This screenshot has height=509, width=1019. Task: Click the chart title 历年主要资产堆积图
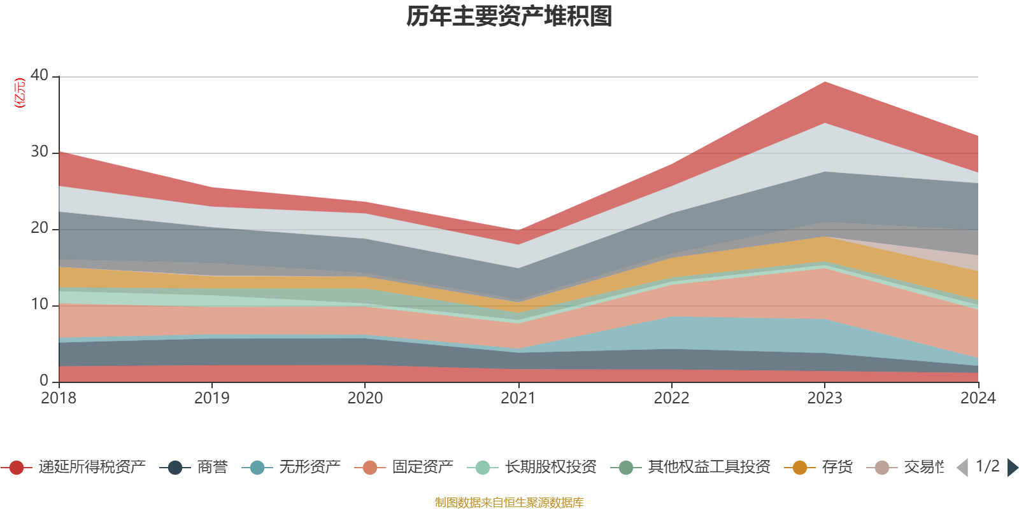[x=509, y=17]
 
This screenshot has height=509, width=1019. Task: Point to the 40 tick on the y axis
[x=39, y=75]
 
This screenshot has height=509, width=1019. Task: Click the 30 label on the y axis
[x=39, y=151]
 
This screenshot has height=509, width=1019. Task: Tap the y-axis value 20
[x=39, y=228]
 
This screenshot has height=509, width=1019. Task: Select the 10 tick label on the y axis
[x=39, y=304]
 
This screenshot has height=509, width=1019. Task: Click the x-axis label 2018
[x=59, y=398]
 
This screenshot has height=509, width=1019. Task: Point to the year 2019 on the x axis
[x=211, y=398]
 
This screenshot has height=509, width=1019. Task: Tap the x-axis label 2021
[x=518, y=398]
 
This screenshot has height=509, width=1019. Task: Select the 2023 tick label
[x=825, y=398]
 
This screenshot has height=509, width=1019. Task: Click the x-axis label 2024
[x=978, y=398]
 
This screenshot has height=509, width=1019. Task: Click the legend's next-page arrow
[x=1012, y=468]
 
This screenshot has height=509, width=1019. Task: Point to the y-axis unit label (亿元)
[x=20, y=93]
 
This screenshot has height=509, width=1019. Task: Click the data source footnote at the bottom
[x=509, y=503]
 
